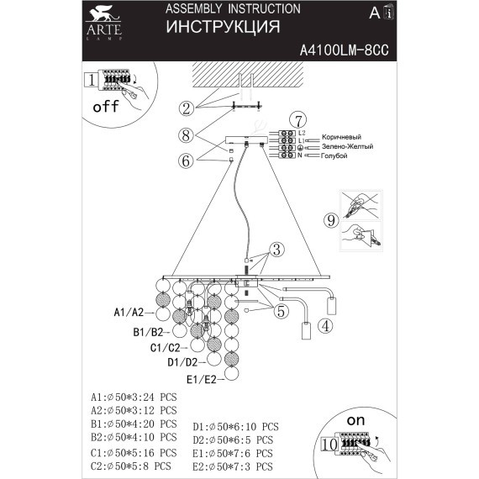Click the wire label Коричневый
pos(341,136)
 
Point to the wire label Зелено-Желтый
pos(347,146)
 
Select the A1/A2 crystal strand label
pos(129,313)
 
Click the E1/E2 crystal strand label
pos(200,380)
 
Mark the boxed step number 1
pos(90,81)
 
